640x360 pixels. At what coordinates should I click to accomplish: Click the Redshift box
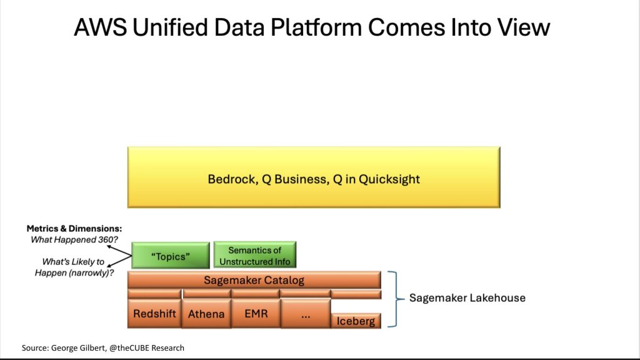click(x=154, y=313)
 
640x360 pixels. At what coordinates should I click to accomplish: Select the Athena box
click(x=206, y=313)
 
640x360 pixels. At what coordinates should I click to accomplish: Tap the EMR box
click(x=256, y=313)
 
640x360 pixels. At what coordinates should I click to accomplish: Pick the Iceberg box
click(x=356, y=321)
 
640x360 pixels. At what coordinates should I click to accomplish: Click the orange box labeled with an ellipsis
click(x=306, y=313)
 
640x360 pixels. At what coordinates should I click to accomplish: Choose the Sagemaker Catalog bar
click(x=254, y=280)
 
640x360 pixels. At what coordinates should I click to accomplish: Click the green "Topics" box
click(x=171, y=256)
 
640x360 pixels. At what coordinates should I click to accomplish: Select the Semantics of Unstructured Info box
click(x=255, y=255)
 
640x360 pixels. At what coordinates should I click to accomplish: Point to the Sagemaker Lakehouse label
click(x=467, y=298)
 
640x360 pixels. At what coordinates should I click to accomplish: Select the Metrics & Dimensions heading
click(x=74, y=229)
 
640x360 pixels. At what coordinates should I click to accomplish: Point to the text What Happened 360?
click(x=74, y=239)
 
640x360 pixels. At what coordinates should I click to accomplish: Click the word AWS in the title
click(x=100, y=27)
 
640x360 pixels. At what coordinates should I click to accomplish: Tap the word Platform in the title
click(x=316, y=27)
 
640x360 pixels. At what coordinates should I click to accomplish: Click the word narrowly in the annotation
click(x=90, y=272)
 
